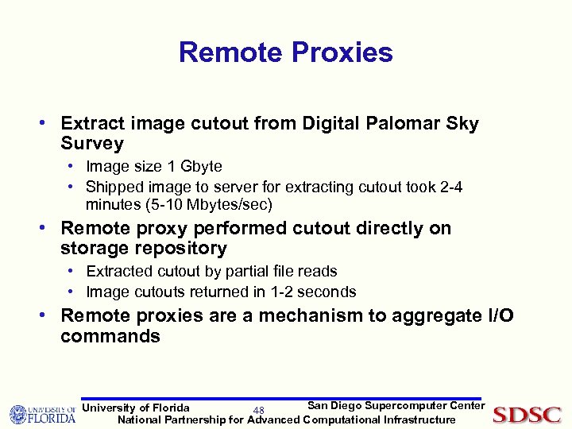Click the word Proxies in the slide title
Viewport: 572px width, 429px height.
tap(342, 52)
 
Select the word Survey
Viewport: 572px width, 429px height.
tap(92, 144)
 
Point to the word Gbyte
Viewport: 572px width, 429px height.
tap(201, 167)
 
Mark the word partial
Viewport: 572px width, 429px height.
tap(247, 272)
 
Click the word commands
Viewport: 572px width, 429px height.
tap(110, 336)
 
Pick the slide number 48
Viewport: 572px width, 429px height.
tap(258, 411)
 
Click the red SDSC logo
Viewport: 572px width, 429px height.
tap(527, 414)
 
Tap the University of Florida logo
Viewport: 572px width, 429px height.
tap(42, 414)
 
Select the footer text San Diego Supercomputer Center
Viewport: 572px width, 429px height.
tap(396, 406)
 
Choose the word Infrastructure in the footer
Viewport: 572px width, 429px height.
tap(419, 419)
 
